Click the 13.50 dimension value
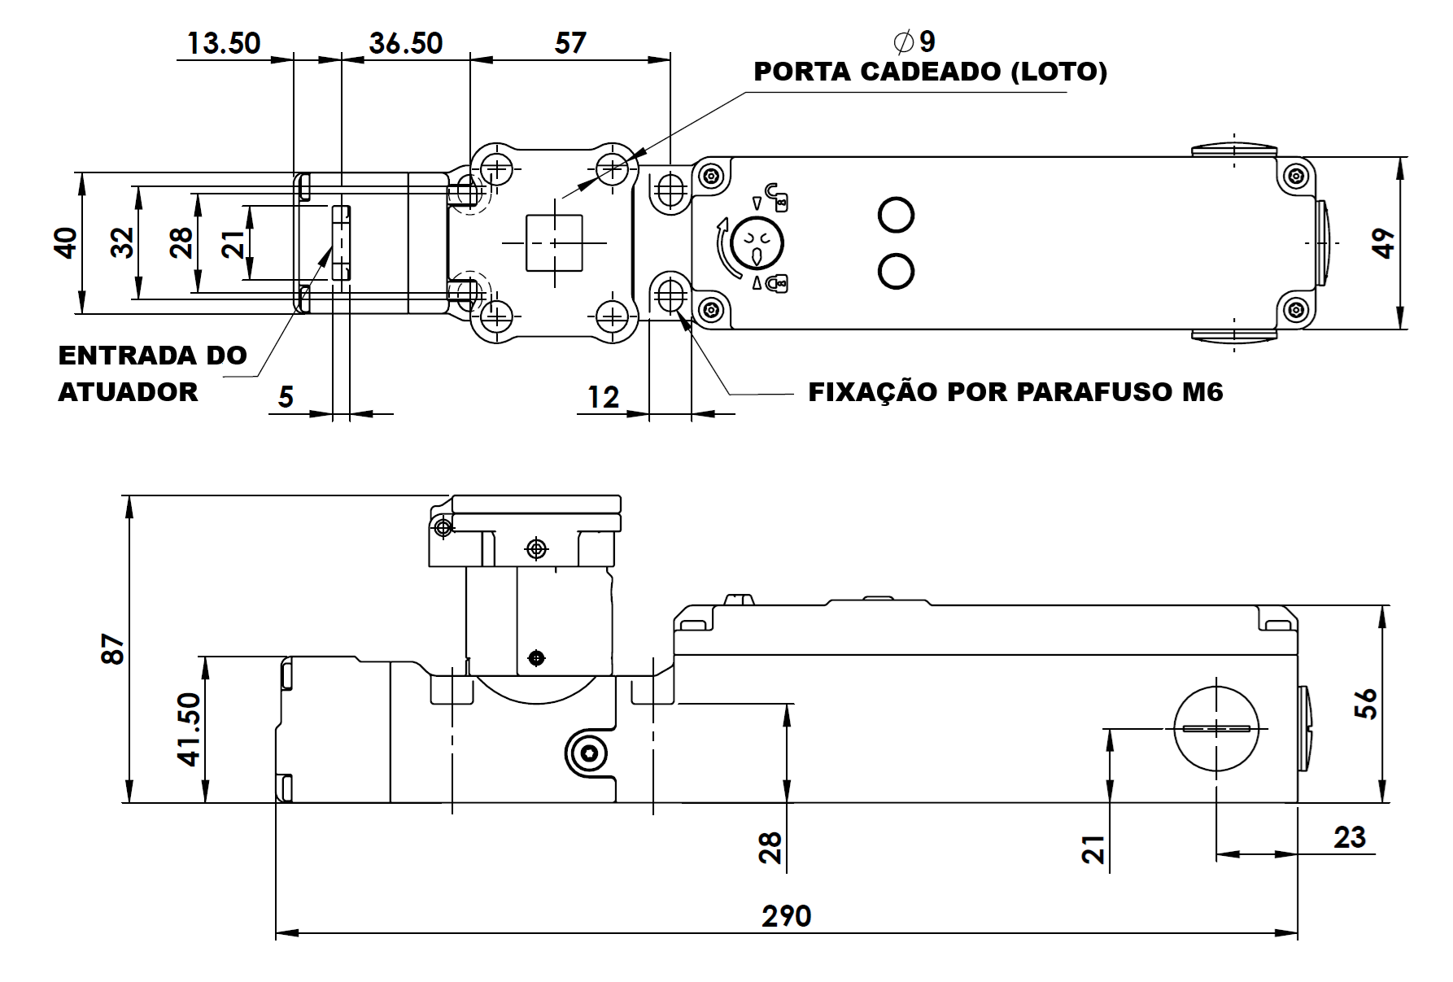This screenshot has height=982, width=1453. coord(224,42)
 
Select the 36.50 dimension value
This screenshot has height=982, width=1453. coord(406,42)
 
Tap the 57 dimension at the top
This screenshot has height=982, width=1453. coord(570,42)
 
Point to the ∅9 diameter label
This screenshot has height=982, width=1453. coord(914,41)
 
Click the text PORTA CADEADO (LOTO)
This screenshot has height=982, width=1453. coord(931,72)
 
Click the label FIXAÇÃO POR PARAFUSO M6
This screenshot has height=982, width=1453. coord(1015,392)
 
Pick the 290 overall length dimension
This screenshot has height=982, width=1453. coord(787,916)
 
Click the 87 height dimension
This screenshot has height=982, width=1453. coord(113,648)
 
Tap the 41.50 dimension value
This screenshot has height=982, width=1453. coord(189,729)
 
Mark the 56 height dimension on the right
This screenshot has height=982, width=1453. coord(1366,704)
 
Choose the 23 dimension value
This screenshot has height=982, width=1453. coord(1349,837)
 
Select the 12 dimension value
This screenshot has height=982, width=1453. coord(603,397)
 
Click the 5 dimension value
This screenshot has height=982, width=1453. coord(286,397)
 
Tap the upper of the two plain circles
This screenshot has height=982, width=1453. coord(897,215)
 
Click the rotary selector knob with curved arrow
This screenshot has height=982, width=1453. coord(756,242)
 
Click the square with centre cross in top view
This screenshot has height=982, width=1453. coord(554,242)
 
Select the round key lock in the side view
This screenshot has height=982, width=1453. coord(1216,727)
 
